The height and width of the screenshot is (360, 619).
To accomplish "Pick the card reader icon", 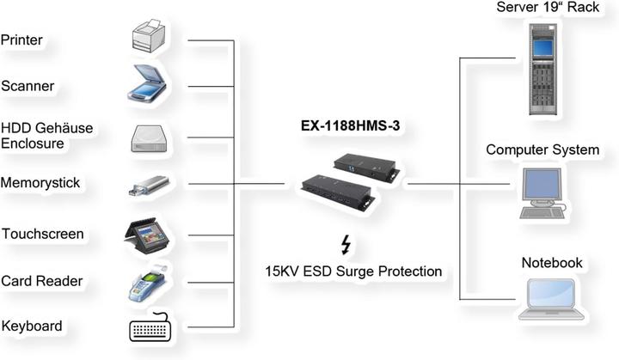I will tap(148, 283).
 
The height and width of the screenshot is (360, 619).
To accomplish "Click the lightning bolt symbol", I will tap(346, 246).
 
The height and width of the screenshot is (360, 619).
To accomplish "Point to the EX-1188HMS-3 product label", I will tap(352, 125).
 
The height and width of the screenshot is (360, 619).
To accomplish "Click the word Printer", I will tap(22, 40).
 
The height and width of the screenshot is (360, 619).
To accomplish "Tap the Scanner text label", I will tap(28, 86).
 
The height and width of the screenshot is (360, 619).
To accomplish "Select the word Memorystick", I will tap(41, 183).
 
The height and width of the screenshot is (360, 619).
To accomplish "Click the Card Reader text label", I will tap(41, 281).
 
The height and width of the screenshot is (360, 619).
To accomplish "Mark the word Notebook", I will tap(552, 262).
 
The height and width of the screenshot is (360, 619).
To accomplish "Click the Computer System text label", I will tap(542, 149).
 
